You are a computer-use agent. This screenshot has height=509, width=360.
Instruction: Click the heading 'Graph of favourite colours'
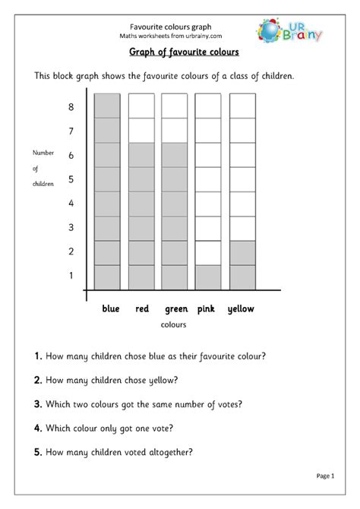pos(180,52)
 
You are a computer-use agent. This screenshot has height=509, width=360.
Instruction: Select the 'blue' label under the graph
pos(111,309)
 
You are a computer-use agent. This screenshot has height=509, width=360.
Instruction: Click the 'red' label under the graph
pos(142,309)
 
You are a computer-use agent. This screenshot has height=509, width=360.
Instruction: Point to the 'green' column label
pos(175,309)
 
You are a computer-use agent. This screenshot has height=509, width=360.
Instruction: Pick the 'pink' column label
pos(207,309)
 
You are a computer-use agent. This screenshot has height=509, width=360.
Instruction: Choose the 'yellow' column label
pos(242,309)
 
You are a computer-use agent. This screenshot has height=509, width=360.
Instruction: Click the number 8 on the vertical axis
pos(71,107)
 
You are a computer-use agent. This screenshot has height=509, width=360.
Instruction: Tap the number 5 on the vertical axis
pos(71,179)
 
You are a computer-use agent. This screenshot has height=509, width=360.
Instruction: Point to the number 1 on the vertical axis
pos(71,275)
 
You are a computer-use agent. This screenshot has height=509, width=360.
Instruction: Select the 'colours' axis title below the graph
pos(174,325)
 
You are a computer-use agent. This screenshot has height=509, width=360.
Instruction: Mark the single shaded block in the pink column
pos(208,277)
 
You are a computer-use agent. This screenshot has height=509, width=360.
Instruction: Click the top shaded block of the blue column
pos(107,106)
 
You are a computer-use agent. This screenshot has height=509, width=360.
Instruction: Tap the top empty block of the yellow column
pos(242,106)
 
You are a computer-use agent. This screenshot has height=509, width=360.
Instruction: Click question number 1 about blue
pos(156,356)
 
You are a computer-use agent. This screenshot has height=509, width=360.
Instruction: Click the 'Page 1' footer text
pos(324,476)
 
